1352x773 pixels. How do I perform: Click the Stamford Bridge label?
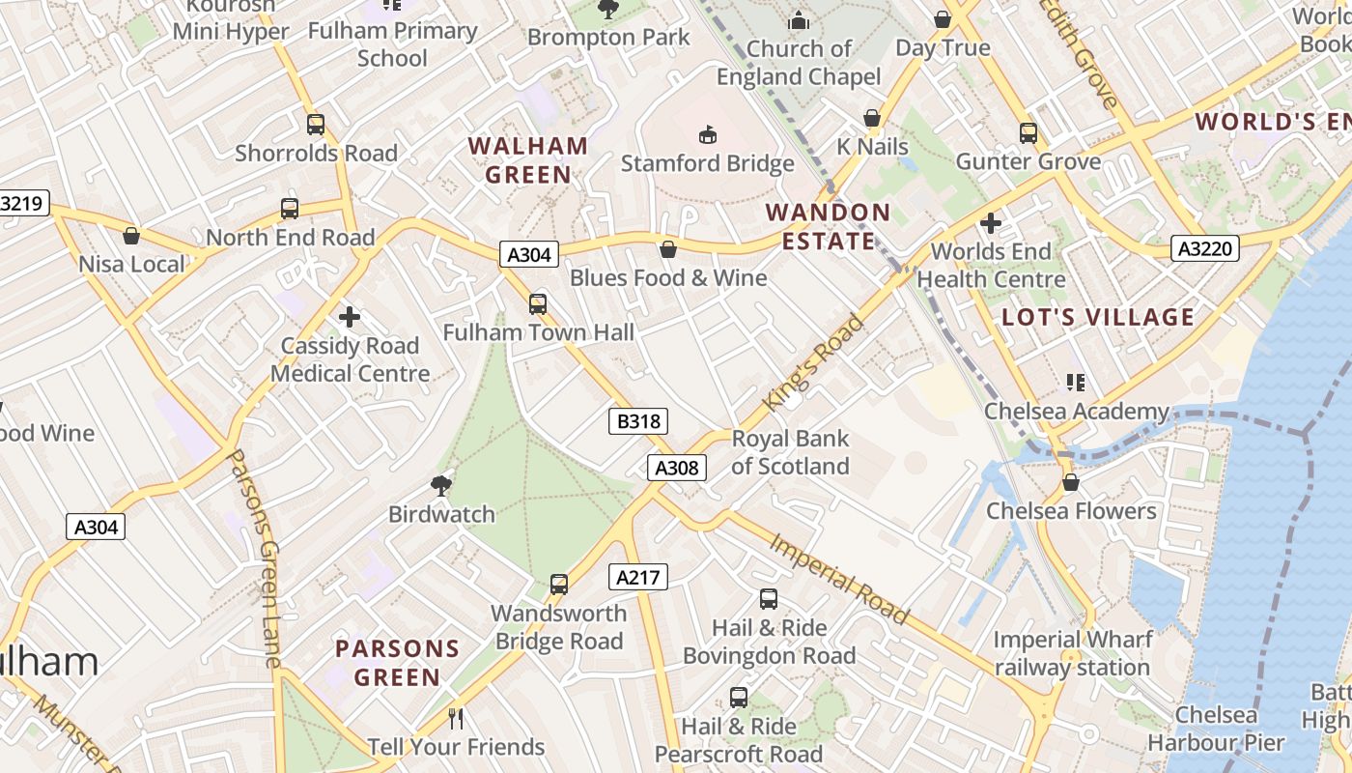707,163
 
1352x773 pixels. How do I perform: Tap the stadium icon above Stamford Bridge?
708,134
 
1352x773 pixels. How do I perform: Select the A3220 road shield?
1205,249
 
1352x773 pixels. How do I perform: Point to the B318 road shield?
638,421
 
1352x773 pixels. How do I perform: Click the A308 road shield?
676,468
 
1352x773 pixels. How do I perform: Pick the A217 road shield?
637,578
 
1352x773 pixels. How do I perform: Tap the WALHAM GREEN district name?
527,160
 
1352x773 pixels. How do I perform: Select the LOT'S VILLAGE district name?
1098,317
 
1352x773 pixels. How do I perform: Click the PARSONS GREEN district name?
397,663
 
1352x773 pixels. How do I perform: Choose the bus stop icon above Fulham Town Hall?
538,304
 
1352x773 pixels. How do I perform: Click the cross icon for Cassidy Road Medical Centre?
350,316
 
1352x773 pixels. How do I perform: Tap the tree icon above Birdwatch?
441,485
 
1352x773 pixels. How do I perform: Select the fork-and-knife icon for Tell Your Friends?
456,718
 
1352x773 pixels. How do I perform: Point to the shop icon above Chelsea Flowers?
1070,482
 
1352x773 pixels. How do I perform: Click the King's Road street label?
813,362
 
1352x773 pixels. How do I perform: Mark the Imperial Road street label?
839,578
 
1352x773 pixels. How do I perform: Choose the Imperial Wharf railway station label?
1072,653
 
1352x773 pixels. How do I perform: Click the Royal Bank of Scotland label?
790,452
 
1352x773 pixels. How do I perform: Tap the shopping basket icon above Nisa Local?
131,236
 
